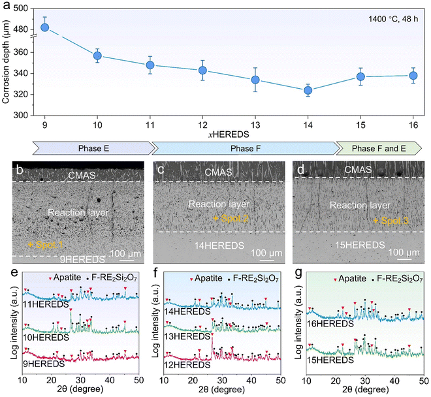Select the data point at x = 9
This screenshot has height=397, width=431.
click(x=45, y=27)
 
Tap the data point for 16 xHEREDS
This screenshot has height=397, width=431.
click(x=413, y=76)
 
